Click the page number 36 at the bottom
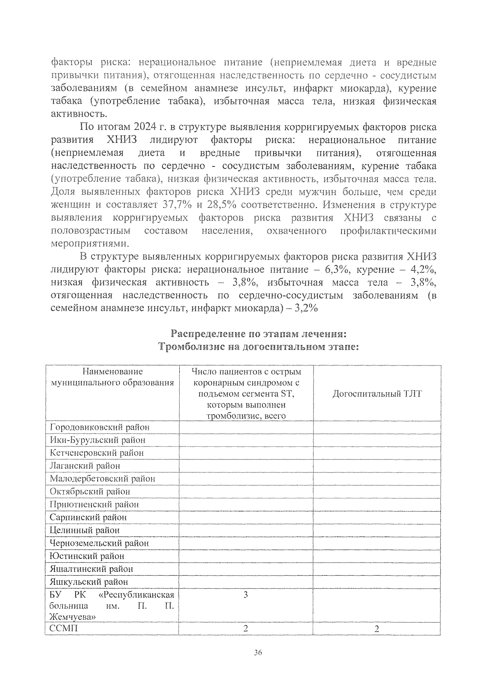point(257,653)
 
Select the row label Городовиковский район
point(100,427)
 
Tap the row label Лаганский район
point(85,466)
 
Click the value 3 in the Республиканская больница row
point(246,595)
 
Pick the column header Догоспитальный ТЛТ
point(377,394)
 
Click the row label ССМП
point(63,628)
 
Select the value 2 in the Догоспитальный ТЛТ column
point(377,629)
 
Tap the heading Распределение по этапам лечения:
point(259,334)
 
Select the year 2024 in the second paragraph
point(145,127)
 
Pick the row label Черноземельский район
point(99,543)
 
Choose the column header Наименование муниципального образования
point(112,377)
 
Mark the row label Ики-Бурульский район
point(98,440)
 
